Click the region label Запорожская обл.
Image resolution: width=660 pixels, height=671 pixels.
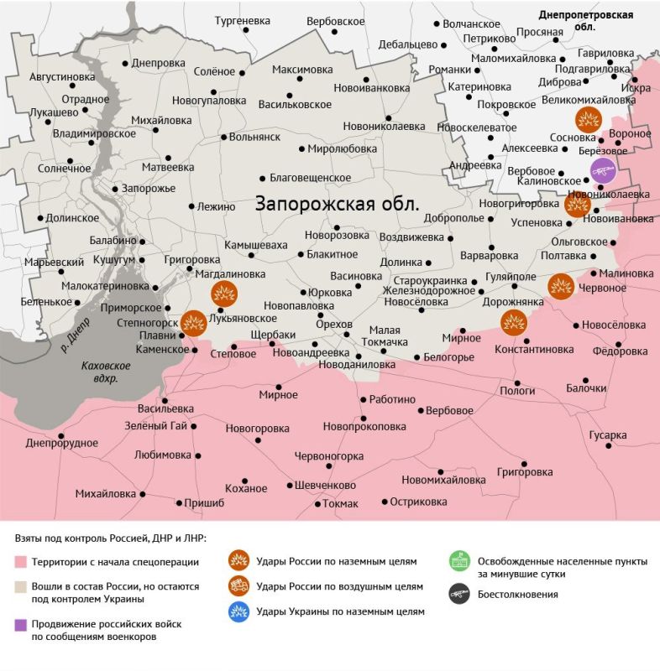click(x=338, y=204)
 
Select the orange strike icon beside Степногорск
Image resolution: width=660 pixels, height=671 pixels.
click(x=194, y=323)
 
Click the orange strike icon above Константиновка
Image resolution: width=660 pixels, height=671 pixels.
click(x=513, y=322)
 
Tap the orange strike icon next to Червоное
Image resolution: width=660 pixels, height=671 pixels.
click(x=560, y=287)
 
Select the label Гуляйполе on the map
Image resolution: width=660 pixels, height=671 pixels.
click(x=511, y=278)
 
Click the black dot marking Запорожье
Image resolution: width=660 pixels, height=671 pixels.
click(x=116, y=189)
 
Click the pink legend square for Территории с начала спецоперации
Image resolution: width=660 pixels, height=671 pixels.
click(x=21, y=562)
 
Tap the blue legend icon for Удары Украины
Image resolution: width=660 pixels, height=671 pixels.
click(x=239, y=611)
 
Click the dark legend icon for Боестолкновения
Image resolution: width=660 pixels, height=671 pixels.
click(x=458, y=593)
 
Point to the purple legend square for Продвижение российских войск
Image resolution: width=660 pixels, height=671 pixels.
click(x=21, y=624)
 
